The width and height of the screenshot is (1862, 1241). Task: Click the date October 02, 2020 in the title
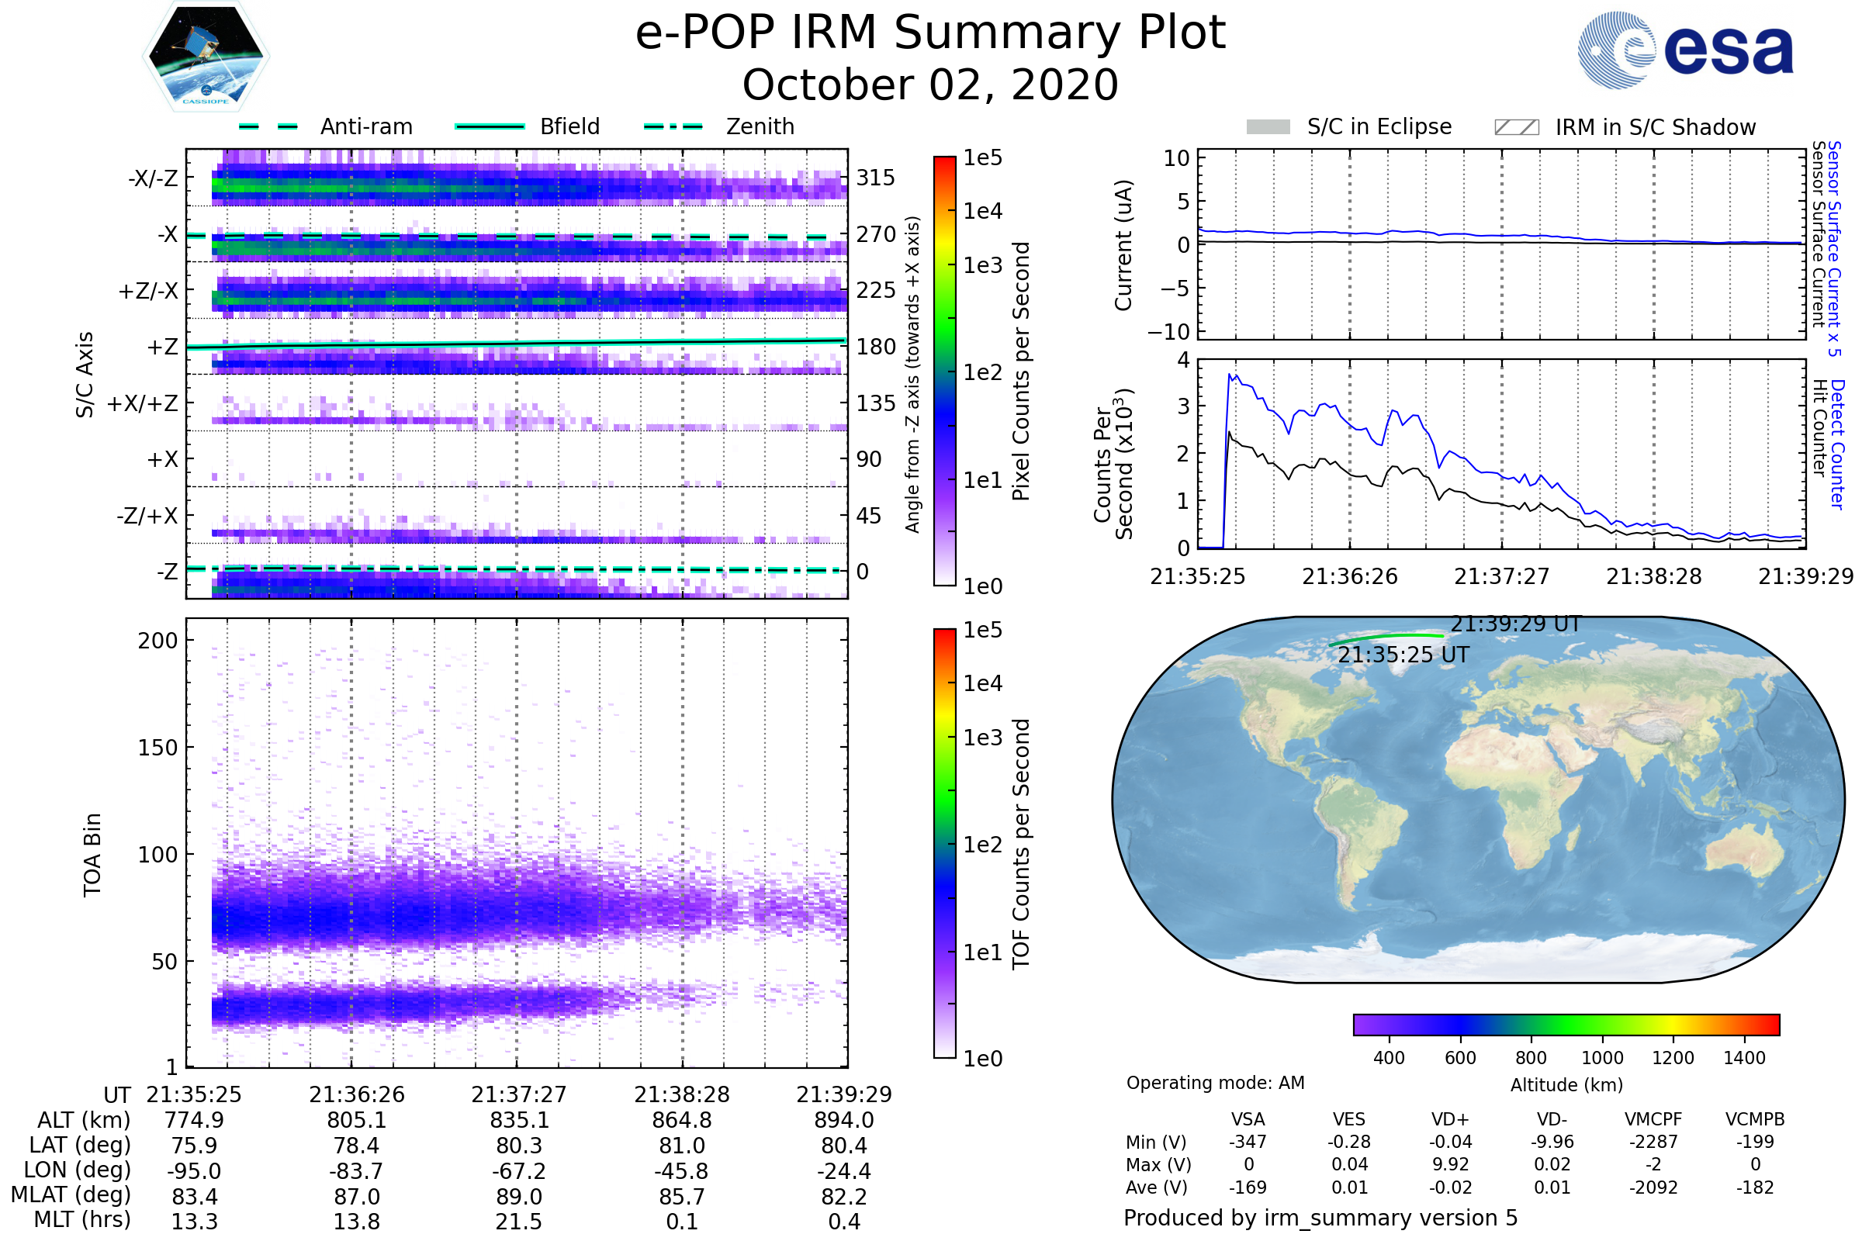pos(930,85)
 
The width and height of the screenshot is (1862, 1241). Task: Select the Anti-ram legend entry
pos(365,126)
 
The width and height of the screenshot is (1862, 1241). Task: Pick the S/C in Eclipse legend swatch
pos(1268,126)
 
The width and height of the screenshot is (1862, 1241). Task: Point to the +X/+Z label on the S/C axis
pos(143,403)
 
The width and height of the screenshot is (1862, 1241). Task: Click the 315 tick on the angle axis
pos(876,178)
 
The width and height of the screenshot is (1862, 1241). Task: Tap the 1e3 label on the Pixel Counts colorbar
pos(982,265)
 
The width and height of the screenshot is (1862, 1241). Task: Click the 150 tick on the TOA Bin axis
pos(157,747)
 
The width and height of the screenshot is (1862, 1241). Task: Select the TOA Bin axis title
pos(92,854)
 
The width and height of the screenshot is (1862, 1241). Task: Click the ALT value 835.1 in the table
pos(518,1120)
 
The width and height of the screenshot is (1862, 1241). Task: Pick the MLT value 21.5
pos(518,1221)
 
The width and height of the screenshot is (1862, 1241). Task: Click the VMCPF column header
pos(1653,1119)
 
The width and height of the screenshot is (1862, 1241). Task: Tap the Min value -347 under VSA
pos(1248,1141)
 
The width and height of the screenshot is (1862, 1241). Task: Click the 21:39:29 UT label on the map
pos(1515,624)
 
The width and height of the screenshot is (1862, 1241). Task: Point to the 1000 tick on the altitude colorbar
pos(1601,1057)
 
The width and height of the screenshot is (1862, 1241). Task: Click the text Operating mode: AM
pos(1215,1083)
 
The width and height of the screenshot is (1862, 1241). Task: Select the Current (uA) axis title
pos(1123,245)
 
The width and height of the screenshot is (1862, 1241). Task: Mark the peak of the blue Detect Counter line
pos(1230,375)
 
